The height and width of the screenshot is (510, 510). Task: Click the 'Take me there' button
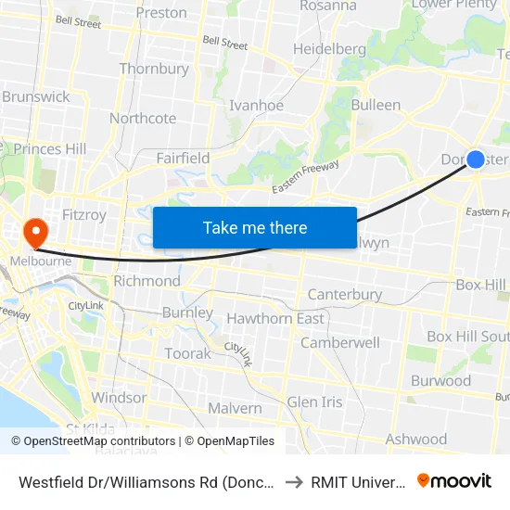pyautogui.click(x=255, y=227)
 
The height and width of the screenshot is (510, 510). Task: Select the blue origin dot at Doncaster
pyautogui.click(x=475, y=159)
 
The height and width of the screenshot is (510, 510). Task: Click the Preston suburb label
pyautogui.click(x=161, y=13)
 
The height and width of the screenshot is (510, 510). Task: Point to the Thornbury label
pyautogui.click(x=154, y=69)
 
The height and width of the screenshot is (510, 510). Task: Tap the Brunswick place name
pyautogui.click(x=36, y=96)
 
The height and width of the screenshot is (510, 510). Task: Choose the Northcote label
pyautogui.click(x=143, y=118)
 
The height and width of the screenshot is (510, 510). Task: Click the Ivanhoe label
pyautogui.click(x=257, y=106)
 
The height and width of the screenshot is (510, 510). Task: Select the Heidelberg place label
pyautogui.click(x=330, y=48)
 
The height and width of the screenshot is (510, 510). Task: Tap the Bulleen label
pyautogui.click(x=376, y=105)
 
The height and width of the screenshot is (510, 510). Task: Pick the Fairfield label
pyautogui.click(x=183, y=159)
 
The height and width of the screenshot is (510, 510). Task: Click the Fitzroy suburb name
pyautogui.click(x=85, y=215)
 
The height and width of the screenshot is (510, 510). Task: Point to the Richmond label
pyautogui.click(x=147, y=281)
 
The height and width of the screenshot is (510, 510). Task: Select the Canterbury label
pyautogui.click(x=345, y=295)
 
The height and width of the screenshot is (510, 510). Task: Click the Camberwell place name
pyautogui.click(x=340, y=342)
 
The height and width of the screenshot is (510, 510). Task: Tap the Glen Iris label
pyautogui.click(x=314, y=402)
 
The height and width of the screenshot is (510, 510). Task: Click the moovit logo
pyautogui.click(x=454, y=480)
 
